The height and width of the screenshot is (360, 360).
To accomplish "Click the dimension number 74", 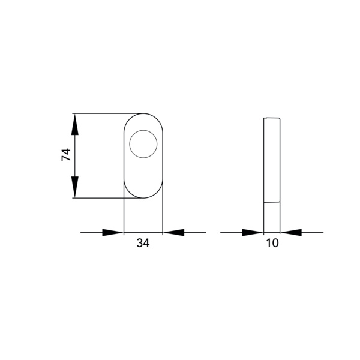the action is point(66,155).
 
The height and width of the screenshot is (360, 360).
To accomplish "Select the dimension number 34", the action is point(143,242).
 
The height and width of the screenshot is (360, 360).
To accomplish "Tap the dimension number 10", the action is point(272,242).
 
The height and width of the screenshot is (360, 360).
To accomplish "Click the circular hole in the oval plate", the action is point(143,144).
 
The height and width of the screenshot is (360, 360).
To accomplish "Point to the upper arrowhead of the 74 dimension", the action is point(75,124).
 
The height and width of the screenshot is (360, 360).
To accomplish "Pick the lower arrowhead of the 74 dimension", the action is point(75,187).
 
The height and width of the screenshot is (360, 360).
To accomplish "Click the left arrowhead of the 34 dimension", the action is point(113,232).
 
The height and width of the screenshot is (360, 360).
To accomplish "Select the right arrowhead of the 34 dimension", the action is point(173,232).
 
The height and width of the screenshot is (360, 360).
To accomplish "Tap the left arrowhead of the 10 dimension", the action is point(253,232).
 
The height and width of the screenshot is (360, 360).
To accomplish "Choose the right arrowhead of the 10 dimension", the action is point(291,232).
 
